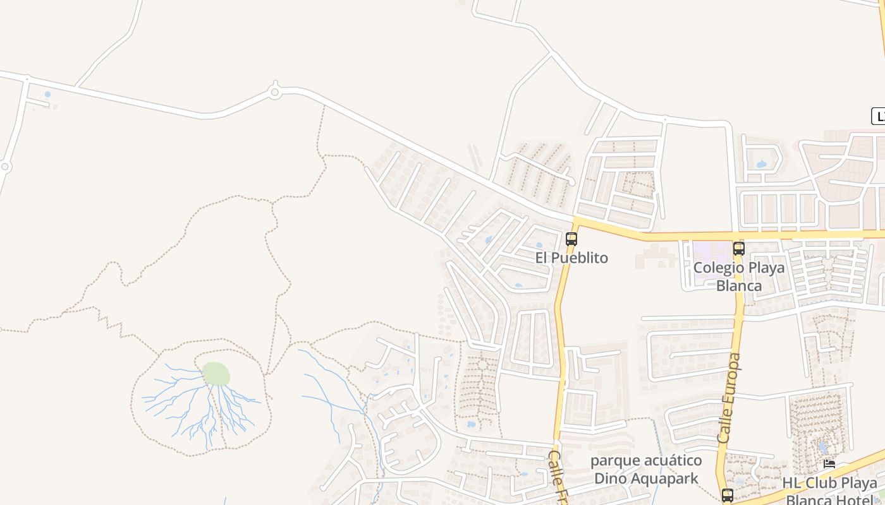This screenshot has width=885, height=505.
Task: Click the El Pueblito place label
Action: pos(571,258)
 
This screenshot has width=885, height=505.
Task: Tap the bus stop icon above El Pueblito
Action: pos(571,239)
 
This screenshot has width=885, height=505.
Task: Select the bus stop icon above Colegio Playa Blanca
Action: pos(739,248)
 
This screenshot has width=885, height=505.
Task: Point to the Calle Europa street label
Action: pos(730,398)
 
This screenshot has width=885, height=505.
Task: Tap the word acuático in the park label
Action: pos(671,460)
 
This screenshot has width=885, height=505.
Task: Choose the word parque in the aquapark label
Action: pos(614,460)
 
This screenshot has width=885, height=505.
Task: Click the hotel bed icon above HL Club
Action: pos(829,463)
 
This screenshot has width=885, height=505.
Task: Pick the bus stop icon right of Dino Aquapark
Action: pos(728,495)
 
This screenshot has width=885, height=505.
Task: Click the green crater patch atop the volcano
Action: pos(216,374)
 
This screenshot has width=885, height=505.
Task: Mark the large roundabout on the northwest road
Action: pos(274,92)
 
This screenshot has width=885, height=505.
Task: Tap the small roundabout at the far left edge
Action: pos(5,167)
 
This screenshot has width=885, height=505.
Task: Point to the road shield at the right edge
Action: pos(878,116)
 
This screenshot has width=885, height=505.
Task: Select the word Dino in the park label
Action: pos(609,478)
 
